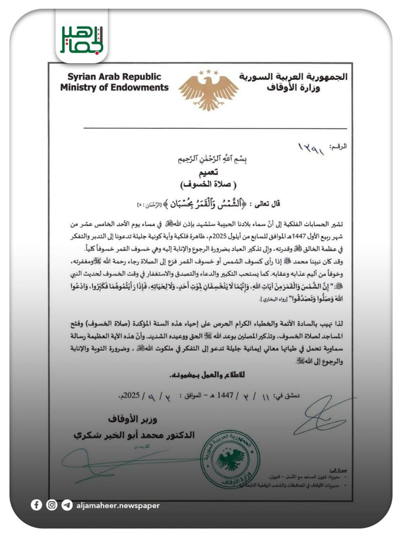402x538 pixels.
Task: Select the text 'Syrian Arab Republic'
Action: point(114,77)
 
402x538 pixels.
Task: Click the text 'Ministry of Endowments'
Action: point(114,88)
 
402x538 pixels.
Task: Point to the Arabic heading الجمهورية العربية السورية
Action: point(293,77)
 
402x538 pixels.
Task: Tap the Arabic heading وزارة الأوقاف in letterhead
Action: point(293,88)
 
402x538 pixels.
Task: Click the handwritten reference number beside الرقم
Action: point(311,148)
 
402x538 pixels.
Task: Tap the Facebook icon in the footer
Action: point(37,505)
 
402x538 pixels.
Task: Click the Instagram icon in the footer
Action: point(52,505)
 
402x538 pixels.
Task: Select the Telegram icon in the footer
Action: point(67,505)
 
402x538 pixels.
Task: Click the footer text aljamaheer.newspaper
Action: point(118,506)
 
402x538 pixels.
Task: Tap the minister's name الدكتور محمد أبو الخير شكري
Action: point(134,435)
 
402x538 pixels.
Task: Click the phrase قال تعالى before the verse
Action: point(265,204)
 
